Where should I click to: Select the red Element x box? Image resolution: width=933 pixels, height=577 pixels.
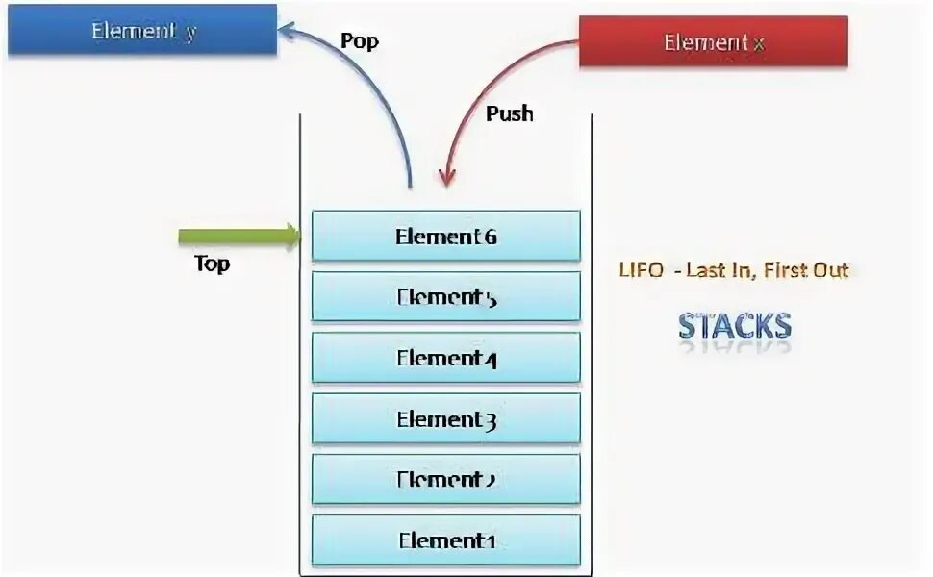(713, 42)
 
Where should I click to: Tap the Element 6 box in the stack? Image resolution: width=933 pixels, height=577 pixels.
(446, 236)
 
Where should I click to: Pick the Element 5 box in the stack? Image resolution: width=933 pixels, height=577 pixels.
(446, 296)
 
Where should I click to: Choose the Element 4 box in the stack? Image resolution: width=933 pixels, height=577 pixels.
(446, 358)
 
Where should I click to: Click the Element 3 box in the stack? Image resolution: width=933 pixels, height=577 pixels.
(446, 418)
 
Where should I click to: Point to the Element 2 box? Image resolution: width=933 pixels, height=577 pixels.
(446, 479)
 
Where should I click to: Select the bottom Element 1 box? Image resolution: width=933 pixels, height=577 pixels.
(446, 539)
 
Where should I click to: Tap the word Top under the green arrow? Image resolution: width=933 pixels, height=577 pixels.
(213, 263)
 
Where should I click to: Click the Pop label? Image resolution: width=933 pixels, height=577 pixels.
(360, 42)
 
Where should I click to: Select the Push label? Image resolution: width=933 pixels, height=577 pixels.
(509, 113)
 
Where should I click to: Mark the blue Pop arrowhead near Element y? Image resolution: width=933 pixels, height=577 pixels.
(286, 31)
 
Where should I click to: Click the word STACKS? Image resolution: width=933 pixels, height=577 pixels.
(735, 325)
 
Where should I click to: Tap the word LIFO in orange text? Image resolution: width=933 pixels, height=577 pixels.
(642, 270)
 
